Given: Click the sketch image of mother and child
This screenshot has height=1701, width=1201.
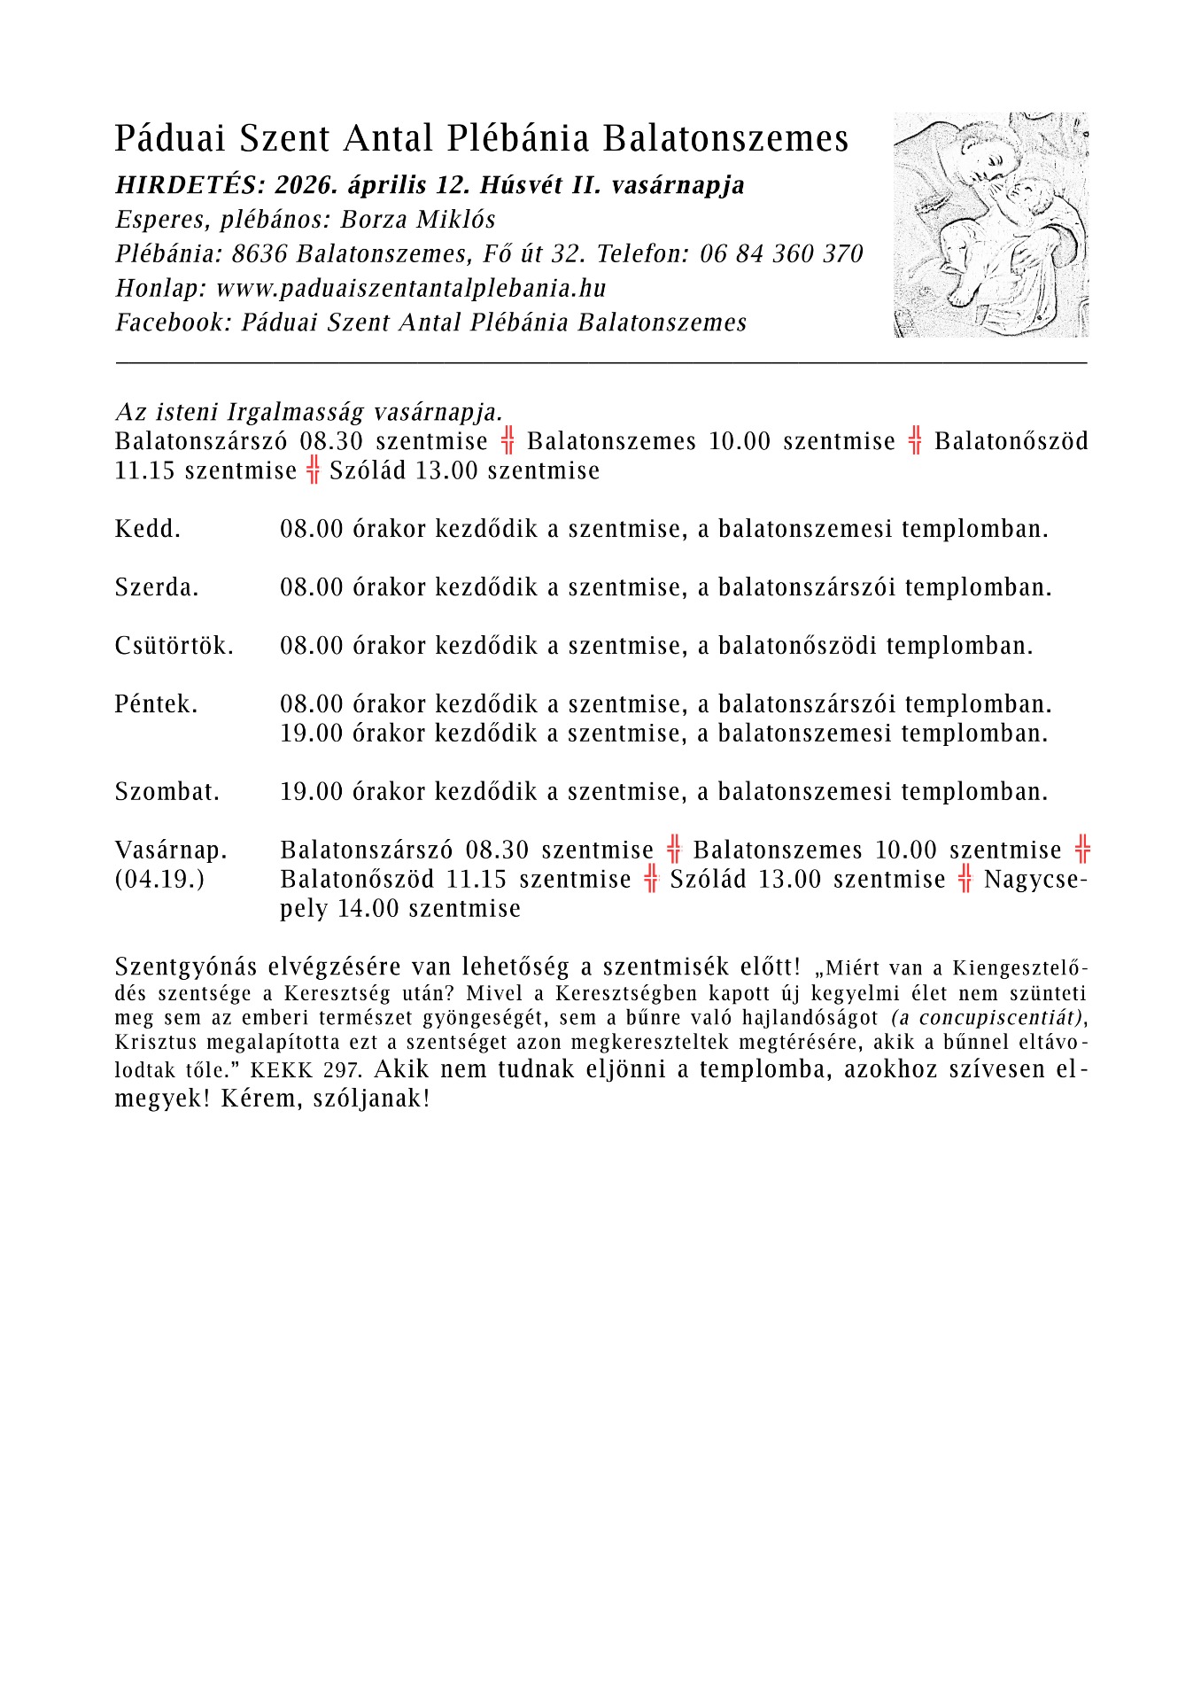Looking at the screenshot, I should (x=990, y=224).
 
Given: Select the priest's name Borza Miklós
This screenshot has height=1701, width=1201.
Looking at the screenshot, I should (x=418, y=220).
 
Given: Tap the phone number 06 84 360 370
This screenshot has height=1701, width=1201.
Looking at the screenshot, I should (x=781, y=254).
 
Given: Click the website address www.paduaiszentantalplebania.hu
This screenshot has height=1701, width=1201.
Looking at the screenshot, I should (x=411, y=289).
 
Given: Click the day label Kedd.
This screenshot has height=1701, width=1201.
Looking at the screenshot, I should (x=147, y=530).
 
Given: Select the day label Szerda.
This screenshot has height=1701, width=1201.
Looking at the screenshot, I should (x=157, y=587).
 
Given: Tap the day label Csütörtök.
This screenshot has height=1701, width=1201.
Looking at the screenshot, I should (x=174, y=646).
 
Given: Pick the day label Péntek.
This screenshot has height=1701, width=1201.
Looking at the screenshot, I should (x=156, y=704).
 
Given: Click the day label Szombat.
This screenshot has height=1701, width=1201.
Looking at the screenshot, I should (x=167, y=792).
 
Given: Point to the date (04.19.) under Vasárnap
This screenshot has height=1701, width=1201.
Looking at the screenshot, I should (x=159, y=880).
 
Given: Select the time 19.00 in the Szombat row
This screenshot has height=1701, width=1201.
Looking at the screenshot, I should (x=311, y=792).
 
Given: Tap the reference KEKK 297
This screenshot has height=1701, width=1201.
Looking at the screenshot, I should (x=306, y=1070).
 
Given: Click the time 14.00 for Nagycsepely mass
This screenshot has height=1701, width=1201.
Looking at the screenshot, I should (x=368, y=909).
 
